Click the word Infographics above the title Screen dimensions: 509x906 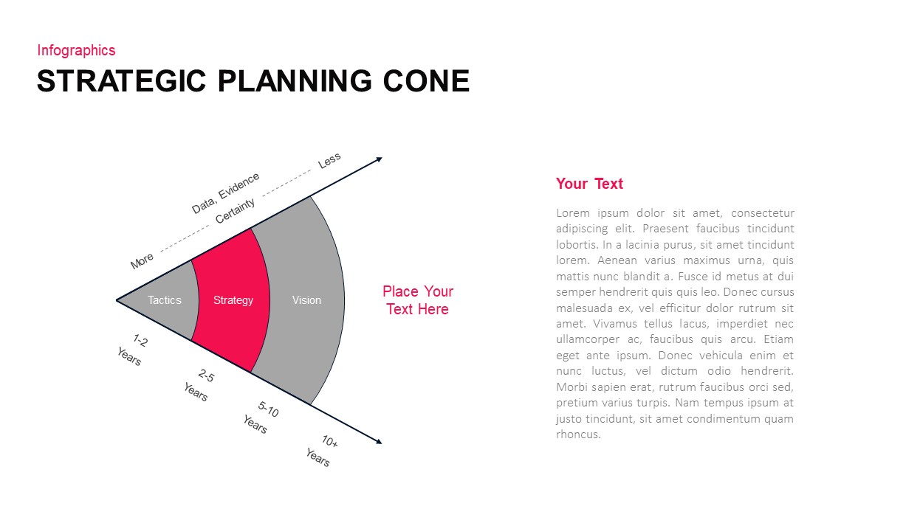(x=76, y=50)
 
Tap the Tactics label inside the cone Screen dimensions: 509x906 (x=164, y=300)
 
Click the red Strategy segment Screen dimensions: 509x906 (x=233, y=300)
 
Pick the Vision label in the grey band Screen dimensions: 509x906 (x=306, y=300)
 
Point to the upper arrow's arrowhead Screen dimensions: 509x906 (x=379, y=159)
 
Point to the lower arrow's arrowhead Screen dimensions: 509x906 (x=379, y=442)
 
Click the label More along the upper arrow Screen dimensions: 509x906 (x=142, y=260)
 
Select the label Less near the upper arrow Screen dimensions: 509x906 (x=329, y=160)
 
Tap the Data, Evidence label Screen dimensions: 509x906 (x=225, y=193)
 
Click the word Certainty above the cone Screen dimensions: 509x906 (x=235, y=211)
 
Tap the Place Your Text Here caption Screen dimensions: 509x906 (x=417, y=300)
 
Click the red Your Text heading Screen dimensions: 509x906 (x=589, y=184)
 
